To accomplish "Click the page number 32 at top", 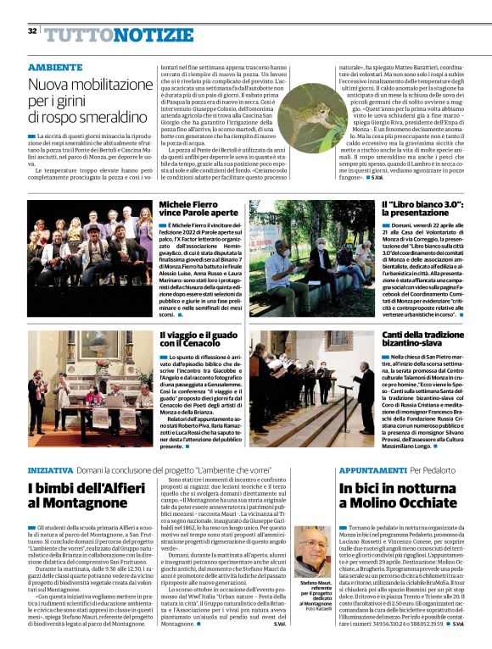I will click(x=31, y=31).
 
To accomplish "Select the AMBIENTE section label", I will click(x=55, y=66).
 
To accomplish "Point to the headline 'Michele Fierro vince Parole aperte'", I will click(x=194, y=211).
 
